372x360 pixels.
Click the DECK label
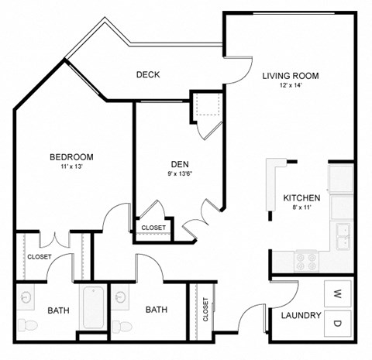click(147, 75)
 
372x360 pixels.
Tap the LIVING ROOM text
click(291, 76)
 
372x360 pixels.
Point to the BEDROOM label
click(71, 156)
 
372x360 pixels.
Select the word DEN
click(180, 163)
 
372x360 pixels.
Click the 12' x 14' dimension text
click(291, 87)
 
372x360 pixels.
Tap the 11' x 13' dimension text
click(71, 166)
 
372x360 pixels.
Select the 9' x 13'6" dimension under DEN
click(180, 173)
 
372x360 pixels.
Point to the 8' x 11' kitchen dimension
click(301, 207)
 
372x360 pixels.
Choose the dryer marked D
click(338, 323)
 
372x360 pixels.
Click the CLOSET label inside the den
click(153, 228)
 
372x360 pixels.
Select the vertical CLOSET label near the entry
click(205, 309)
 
